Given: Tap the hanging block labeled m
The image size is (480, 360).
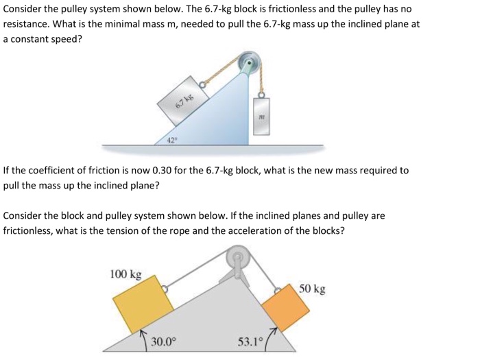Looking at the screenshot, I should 261,116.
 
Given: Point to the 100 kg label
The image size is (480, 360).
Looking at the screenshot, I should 126,274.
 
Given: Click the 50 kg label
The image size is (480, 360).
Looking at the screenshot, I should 313,289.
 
